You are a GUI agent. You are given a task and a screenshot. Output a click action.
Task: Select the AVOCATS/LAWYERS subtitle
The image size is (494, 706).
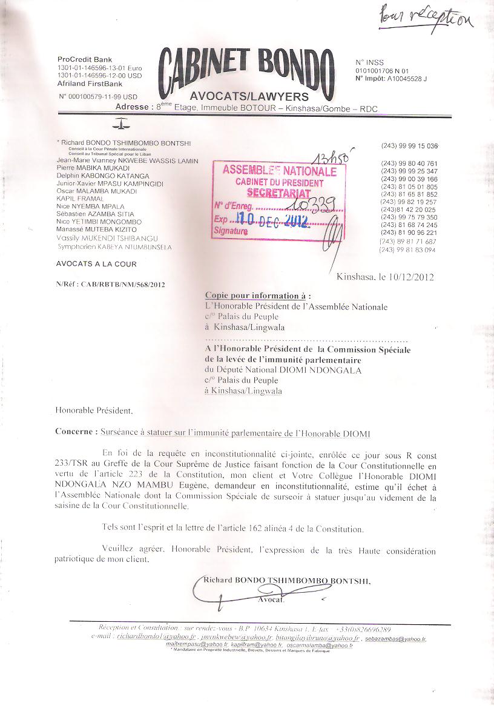pyautogui.click(x=249, y=96)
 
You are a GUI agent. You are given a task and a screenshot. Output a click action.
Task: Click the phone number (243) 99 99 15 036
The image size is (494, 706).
pyautogui.click(x=409, y=147)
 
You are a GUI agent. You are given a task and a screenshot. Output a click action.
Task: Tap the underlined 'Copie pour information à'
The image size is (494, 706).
pyautogui.click(x=257, y=296)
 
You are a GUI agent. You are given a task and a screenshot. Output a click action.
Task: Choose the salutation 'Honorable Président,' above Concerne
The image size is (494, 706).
pyautogui.click(x=93, y=411)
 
